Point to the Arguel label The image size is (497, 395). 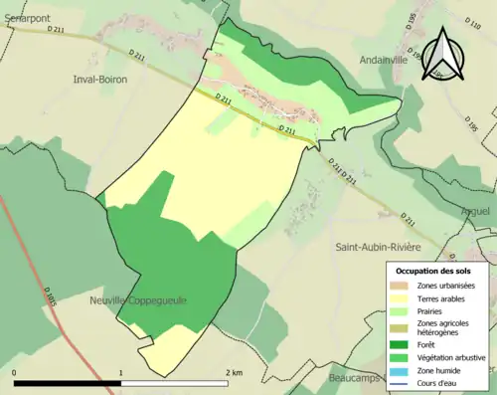[476, 211]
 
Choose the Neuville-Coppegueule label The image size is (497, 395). [137, 299]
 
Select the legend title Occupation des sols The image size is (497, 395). [435, 271]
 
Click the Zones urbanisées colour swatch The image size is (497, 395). [403, 286]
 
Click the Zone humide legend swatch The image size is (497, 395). [403, 369]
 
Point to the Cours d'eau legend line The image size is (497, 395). [403, 381]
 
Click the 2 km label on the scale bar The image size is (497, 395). [235, 373]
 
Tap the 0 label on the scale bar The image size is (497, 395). [14, 373]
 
